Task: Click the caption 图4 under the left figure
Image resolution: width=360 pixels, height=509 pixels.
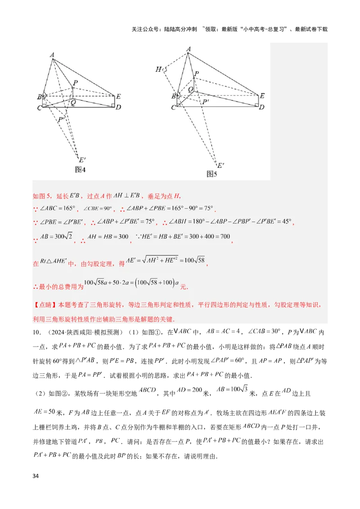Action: tap(81, 170)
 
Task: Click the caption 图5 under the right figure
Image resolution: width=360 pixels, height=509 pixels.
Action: tap(212, 174)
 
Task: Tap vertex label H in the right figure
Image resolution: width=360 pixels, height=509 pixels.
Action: tap(158, 69)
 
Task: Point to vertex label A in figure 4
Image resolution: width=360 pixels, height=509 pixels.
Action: tap(52, 55)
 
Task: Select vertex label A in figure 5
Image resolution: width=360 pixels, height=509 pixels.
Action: tap(188, 49)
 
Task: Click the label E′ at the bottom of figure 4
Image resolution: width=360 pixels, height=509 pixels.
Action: tap(82, 160)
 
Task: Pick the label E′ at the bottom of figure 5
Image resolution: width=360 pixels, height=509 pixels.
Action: tap(220, 165)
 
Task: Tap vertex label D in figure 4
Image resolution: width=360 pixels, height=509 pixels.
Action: tap(118, 107)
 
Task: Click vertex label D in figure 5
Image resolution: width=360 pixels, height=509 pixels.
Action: tap(261, 107)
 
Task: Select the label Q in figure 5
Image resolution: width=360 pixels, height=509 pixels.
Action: tap(190, 90)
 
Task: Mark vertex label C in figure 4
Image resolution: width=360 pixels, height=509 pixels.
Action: tap(40, 108)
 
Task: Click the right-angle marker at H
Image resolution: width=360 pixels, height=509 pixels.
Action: tap(165, 70)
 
